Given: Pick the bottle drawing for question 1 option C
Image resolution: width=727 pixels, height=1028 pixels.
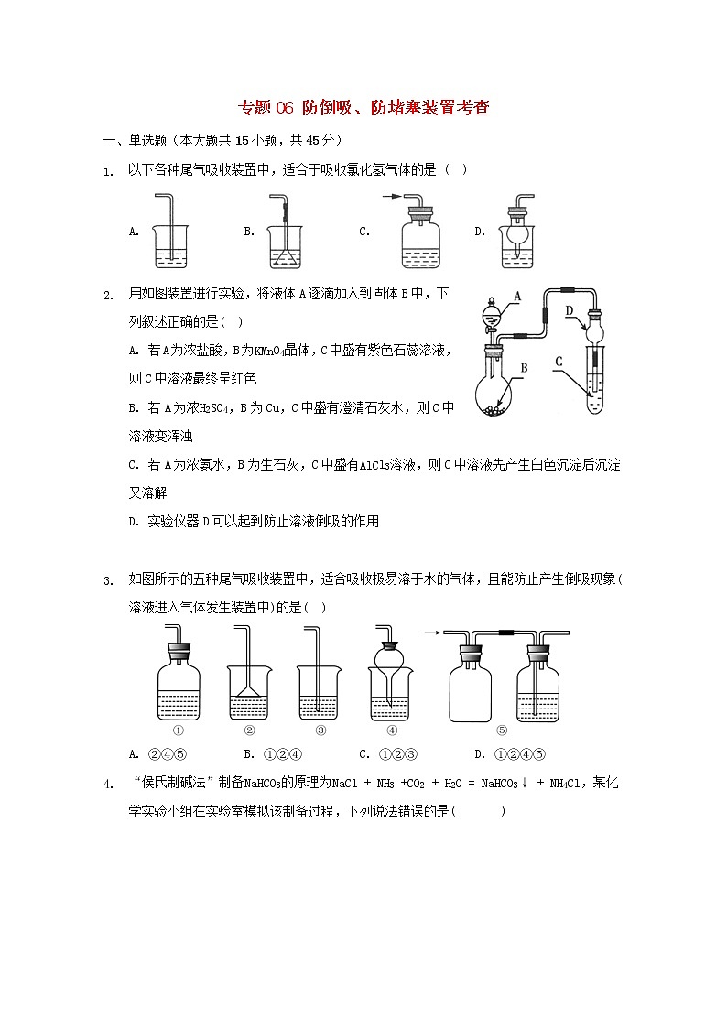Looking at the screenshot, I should click(x=421, y=238).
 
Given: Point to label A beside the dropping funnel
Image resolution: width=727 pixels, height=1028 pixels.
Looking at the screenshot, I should click(x=516, y=297).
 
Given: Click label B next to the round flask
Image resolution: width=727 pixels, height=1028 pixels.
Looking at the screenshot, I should click(x=525, y=369).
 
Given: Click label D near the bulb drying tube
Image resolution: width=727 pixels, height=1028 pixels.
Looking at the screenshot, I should click(x=570, y=311).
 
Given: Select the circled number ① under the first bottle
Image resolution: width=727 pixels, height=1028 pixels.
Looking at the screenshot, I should click(x=179, y=730).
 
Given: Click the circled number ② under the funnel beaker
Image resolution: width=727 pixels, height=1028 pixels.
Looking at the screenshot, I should click(x=249, y=730).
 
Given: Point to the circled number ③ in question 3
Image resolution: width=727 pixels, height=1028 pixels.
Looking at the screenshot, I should click(x=320, y=730).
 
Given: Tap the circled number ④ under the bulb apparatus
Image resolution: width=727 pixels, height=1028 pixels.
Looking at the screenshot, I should click(x=392, y=730).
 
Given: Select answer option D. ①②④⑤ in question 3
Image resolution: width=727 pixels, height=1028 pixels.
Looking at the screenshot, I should click(x=510, y=754).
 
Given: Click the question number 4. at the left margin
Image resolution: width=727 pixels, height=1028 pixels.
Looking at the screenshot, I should click(x=109, y=785).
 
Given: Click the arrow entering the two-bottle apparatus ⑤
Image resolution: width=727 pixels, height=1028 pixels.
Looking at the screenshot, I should click(x=434, y=631).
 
